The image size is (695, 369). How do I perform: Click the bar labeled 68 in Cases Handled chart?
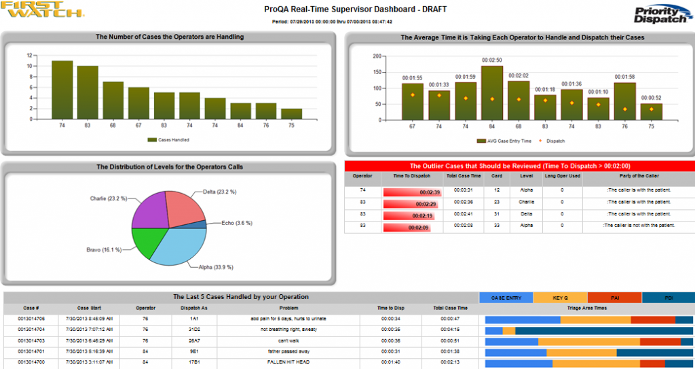tap(113, 99)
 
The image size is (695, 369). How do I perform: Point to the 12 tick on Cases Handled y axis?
tap(30, 55)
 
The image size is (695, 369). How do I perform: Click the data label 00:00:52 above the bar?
tap(651, 98)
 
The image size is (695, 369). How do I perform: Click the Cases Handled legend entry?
tap(169, 140)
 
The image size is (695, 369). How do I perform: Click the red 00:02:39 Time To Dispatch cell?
tap(411, 192)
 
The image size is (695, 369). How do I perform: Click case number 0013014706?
tap(31, 318)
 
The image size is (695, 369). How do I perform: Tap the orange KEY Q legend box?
tap(560, 297)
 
